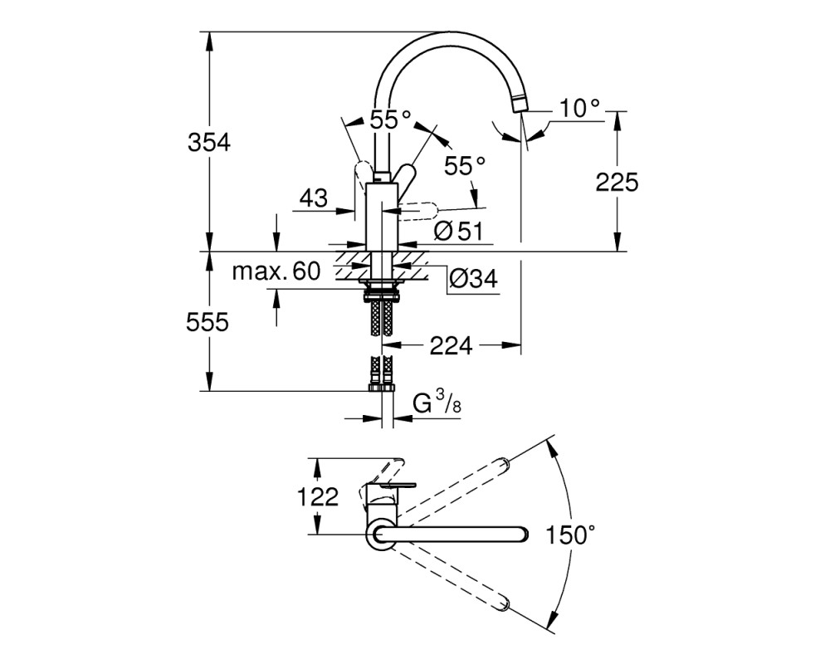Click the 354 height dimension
pyautogui.click(x=209, y=143)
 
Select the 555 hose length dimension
pyautogui.click(x=207, y=321)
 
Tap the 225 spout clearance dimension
pyautogui.click(x=618, y=183)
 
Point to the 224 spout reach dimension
pyautogui.click(x=451, y=346)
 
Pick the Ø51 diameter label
pyautogui.click(x=458, y=232)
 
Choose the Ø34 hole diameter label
pyautogui.click(x=473, y=278)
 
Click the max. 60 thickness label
pyautogui.click(x=277, y=271)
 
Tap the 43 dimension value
pyautogui.click(x=314, y=198)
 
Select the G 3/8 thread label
pyautogui.click(x=437, y=403)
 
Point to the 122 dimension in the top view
pyautogui.click(x=318, y=497)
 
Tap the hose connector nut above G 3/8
pyautogui.click(x=382, y=388)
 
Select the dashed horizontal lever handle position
pyautogui.click(x=417, y=211)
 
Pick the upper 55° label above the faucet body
pyautogui.click(x=390, y=120)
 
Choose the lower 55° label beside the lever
pyautogui.click(x=464, y=166)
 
